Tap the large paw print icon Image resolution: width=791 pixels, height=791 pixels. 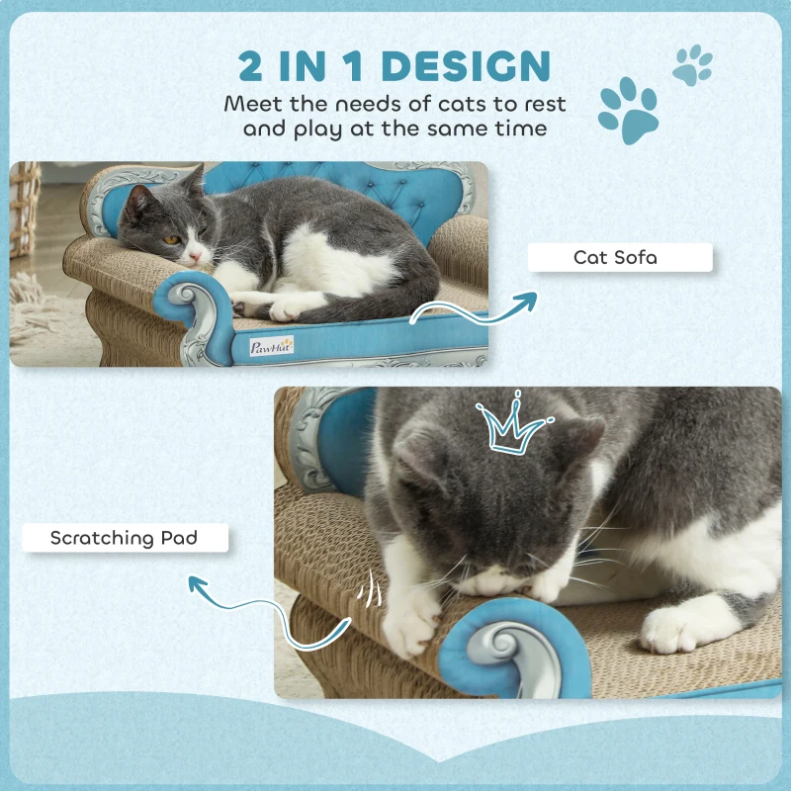click(x=629, y=111)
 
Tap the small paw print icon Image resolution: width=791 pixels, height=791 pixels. click(x=692, y=63)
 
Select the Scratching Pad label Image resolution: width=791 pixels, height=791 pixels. click(x=124, y=539)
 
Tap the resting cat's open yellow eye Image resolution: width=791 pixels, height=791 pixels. click(x=171, y=238)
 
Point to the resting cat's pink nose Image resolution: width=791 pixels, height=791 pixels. click(x=194, y=256)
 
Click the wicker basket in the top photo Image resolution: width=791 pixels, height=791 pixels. click(x=26, y=208)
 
